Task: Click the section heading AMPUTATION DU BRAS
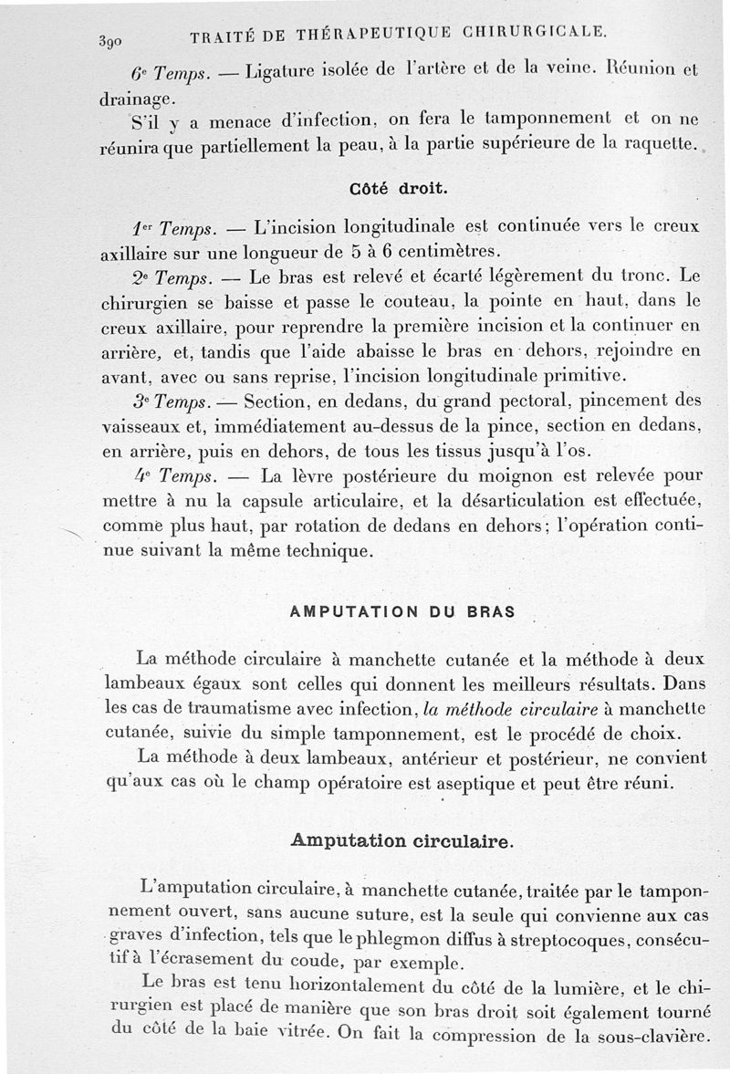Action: point(402,612)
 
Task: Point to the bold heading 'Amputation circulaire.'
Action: point(401,840)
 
